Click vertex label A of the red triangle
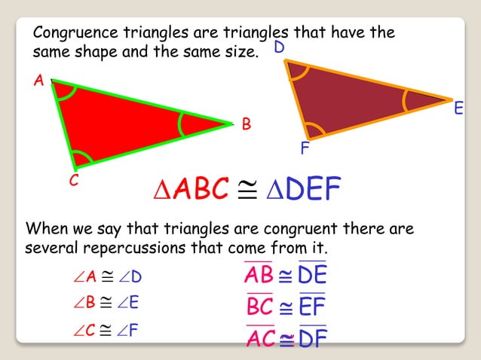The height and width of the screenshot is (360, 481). click(x=38, y=80)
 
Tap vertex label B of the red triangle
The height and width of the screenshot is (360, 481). click(x=246, y=124)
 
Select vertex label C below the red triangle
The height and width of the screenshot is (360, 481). click(x=75, y=182)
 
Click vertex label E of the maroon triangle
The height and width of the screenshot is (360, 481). click(x=458, y=110)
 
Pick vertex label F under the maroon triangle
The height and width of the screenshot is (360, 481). click(x=305, y=148)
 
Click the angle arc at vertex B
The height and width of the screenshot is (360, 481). click(x=182, y=124)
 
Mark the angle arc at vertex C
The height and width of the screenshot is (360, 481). click(x=82, y=157)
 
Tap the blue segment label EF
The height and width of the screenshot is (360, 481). click(x=311, y=307)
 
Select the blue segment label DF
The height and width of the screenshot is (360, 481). click(x=312, y=339)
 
